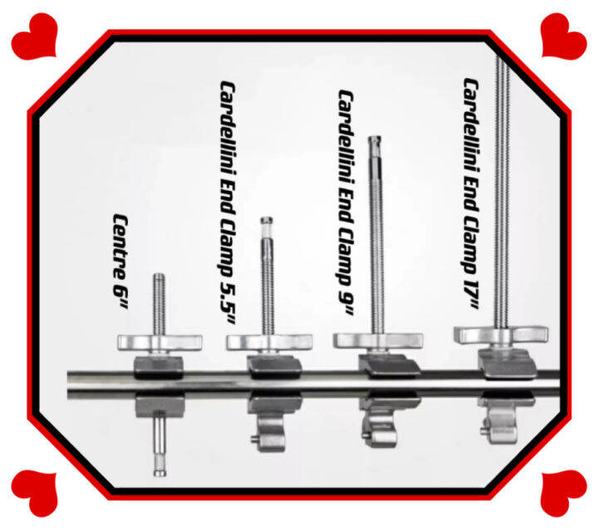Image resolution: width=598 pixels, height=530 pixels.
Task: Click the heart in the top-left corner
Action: point(34,37)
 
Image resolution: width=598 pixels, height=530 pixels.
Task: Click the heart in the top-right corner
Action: point(564,37)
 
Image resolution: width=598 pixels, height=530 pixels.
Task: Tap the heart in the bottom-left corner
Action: point(34,493)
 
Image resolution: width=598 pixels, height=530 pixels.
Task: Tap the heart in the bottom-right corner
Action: point(564,493)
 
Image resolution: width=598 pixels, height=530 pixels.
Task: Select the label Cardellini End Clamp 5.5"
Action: point(227,203)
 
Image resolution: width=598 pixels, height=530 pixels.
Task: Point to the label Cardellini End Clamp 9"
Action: point(346,203)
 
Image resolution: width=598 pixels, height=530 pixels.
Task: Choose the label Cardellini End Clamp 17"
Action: point(471,194)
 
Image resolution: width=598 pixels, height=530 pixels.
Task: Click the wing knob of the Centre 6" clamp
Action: point(159,342)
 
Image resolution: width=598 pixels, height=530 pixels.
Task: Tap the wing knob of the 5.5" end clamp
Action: point(269,342)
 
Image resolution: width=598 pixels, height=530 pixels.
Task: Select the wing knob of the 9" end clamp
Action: point(378,341)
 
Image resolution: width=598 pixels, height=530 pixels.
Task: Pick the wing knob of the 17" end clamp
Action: point(501,335)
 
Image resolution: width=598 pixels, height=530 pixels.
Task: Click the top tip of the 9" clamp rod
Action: point(375,137)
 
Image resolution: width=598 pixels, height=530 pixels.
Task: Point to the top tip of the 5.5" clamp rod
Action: point(267,218)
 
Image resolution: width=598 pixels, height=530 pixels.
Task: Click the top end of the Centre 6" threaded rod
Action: point(159,274)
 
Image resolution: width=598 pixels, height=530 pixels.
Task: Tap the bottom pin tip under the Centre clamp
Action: point(159,475)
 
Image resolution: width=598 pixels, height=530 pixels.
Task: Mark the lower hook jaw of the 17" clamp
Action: point(500,424)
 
